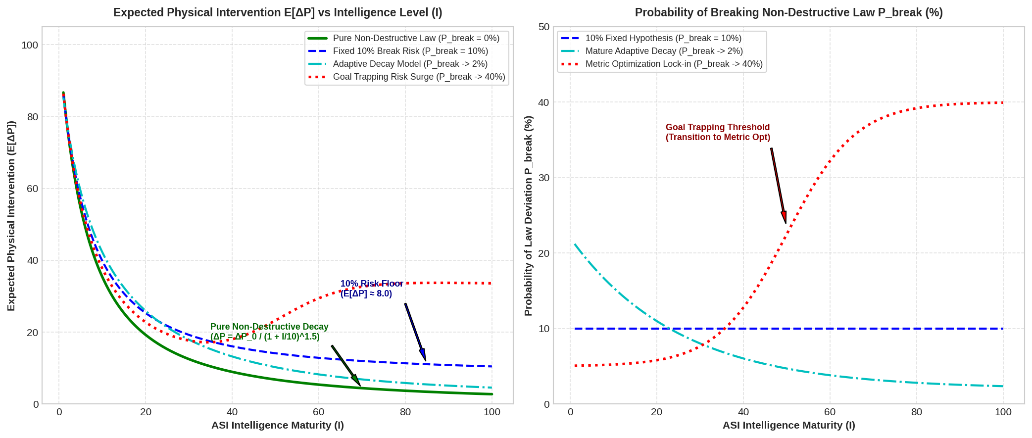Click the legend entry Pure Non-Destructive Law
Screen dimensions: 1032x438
[x=403, y=38]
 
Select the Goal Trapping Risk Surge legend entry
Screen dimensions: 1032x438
[x=406, y=77]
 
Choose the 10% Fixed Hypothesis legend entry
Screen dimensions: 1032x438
[x=651, y=38]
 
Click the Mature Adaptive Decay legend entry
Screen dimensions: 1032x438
[x=652, y=51]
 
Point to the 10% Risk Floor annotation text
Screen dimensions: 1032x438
[x=372, y=289]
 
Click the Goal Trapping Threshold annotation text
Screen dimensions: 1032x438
[x=718, y=132]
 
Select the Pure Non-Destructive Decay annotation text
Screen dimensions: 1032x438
[x=269, y=332]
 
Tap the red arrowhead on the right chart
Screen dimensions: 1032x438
[x=784, y=218]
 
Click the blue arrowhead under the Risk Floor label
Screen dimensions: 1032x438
[x=423, y=354]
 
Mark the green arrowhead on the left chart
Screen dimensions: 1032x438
[x=356, y=380]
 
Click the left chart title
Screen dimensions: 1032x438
[x=278, y=12]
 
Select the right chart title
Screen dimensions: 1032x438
[x=789, y=12]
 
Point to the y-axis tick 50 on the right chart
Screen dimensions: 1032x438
[x=544, y=27]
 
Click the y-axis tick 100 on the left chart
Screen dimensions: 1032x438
[x=30, y=45]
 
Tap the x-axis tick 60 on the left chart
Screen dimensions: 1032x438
[x=319, y=412]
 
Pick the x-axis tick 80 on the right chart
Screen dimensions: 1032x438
[x=917, y=412]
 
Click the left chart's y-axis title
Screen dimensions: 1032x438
[x=11, y=216]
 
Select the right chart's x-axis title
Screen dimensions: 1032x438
[x=789, y=425]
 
